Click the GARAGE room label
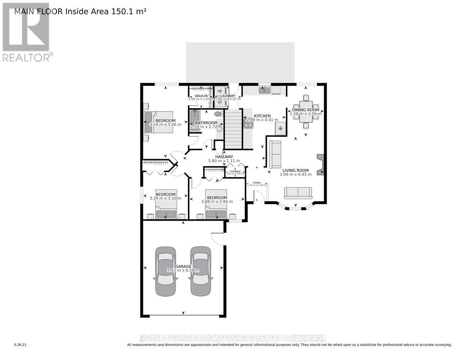[x=183, y=266]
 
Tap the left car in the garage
[x=165, y=271]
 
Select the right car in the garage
[x=200, y=271]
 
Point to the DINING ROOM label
[x=306, y=110]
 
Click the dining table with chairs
[x=306, y=111]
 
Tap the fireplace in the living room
[x=320, y=165]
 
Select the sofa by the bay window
[x=298, y=193]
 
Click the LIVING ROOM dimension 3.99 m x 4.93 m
[x=295, y=175]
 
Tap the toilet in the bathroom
[x=218, y=114]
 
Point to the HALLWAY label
[x=224, y=157]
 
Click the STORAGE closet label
[x=235, y=172]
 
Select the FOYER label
[x=256, y=183]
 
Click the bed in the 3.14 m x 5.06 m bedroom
[x=159, y=122]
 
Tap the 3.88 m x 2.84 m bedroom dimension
[x=217, y=202]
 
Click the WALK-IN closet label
[x=198, y=96]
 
